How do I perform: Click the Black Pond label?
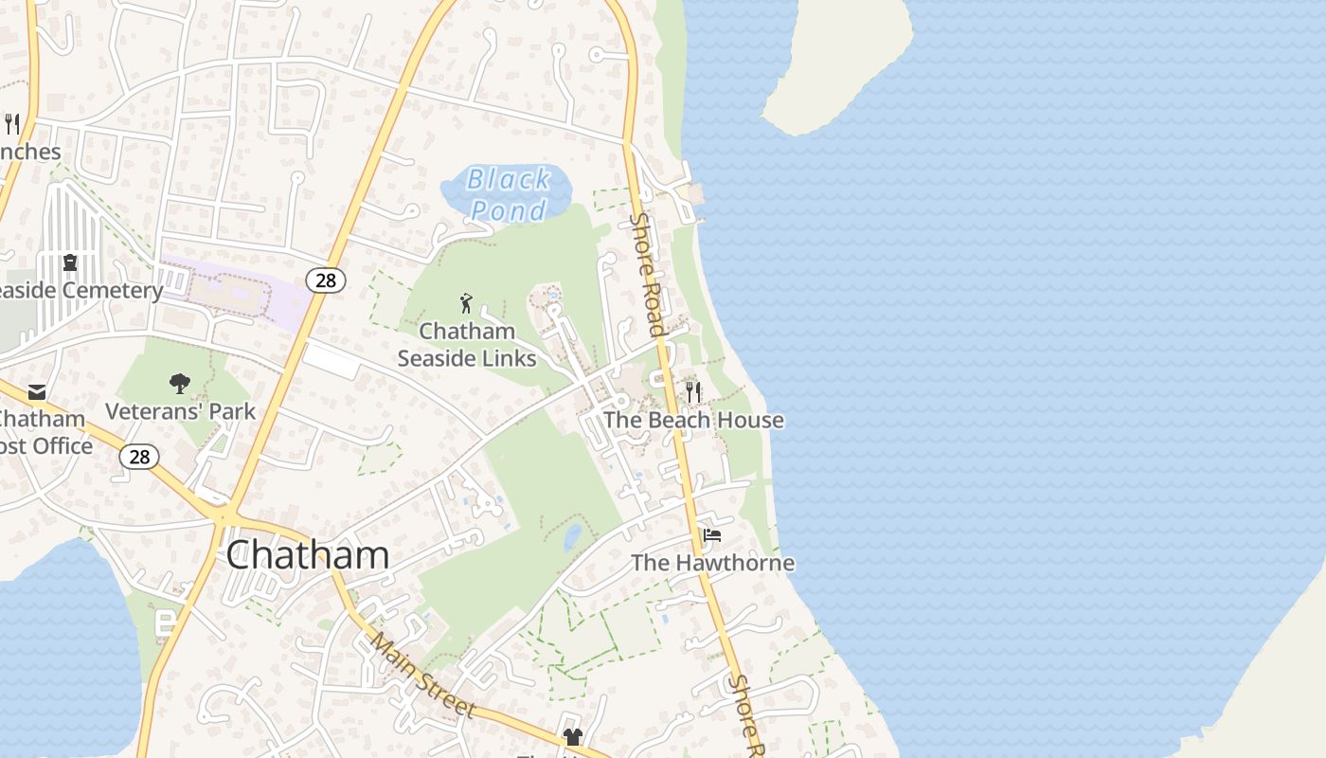[x=509, y=193]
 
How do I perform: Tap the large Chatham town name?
[x=307, y=555]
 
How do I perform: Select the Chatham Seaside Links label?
[x=467, y=344]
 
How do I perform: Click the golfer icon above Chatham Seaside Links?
[x=465, y=303]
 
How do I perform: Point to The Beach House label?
[x=693, y=420]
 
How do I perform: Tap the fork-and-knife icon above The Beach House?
[x=693, y=391]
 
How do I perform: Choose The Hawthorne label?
[x=712, y=563]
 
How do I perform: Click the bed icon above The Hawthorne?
[x=712, y=535]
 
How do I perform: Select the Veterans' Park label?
[x=180, y=411]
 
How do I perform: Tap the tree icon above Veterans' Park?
[x=179, y=384]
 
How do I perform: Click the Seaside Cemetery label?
[x=81, y=291]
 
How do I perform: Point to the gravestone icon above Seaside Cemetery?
[x=69, y=262]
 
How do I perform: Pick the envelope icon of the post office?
[x=37, y=391]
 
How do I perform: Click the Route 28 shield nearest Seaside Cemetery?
[x=325, y=280]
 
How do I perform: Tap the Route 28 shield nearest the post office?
[x=139, y=457]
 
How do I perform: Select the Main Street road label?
[x=421, y=674]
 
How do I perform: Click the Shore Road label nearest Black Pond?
[x=647, y=274]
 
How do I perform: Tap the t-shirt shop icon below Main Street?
[x=572, y=736]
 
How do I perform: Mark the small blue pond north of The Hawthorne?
[x=572, y=537]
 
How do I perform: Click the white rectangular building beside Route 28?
[x=331, y=361]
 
